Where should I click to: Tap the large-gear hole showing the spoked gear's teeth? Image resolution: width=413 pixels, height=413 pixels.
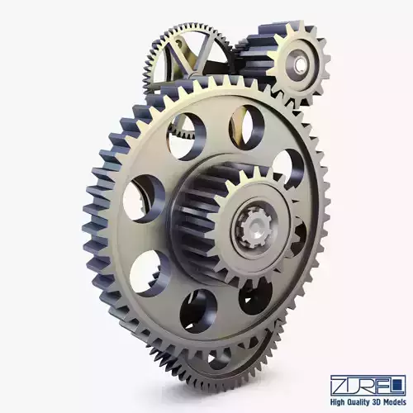pyautogui.click(x=185, y=135)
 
